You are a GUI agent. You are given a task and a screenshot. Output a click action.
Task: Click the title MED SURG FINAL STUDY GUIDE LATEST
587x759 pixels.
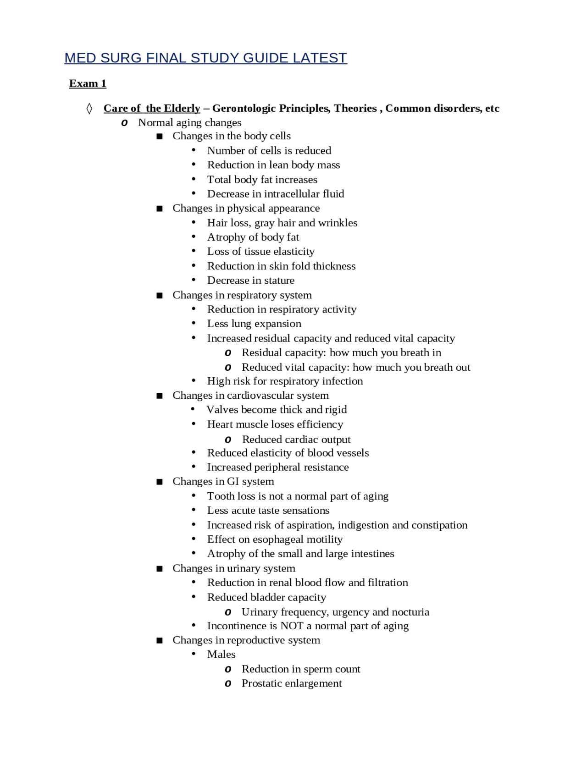[x=205, y=58]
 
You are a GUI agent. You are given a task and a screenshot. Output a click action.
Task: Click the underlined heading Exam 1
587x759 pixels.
[x=88, y=83]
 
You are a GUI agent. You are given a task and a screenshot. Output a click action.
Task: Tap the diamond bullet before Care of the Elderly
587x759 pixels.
[x=89, y=109]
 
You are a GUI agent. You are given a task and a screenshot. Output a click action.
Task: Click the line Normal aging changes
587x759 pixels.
[x=189, y=122]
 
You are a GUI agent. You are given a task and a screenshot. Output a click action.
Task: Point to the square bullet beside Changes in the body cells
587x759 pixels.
[x=160, y=137]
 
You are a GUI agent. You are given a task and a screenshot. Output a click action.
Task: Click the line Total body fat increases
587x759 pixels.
[x=262, y=180]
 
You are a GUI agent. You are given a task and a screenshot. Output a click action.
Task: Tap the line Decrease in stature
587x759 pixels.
[x=250, y=280]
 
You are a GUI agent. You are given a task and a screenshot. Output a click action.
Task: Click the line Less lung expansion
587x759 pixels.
[x=254, y=324]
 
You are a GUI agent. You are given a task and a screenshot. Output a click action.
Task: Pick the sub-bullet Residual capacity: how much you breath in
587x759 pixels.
[x=341, y=352]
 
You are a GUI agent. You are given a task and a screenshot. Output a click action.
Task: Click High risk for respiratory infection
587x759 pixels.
[x=285, y=381]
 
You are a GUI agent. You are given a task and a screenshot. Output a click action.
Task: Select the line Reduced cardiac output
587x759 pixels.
[x=296, y=440]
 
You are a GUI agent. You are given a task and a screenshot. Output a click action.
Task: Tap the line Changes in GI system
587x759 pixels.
[x=223, y=482]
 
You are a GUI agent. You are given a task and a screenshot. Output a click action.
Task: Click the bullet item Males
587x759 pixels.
[x=221, y=654]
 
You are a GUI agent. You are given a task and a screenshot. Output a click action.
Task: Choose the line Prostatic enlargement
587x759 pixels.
[x=292, y=683]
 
